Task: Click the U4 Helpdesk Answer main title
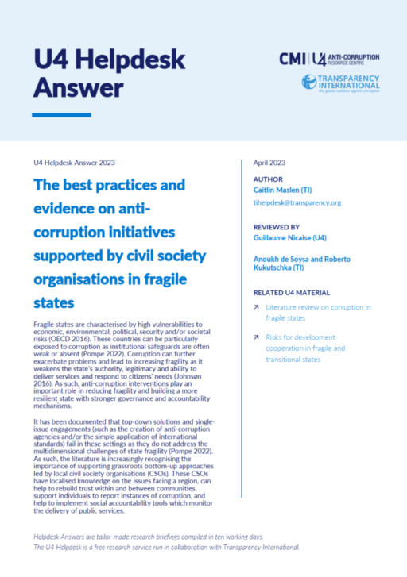[x=109, y=72]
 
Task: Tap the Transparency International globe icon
[x=310, y=81]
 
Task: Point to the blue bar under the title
[x=61, y=115]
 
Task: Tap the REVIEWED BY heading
[x=278, y=225]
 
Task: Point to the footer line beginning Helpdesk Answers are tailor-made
[x=149, y=537]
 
